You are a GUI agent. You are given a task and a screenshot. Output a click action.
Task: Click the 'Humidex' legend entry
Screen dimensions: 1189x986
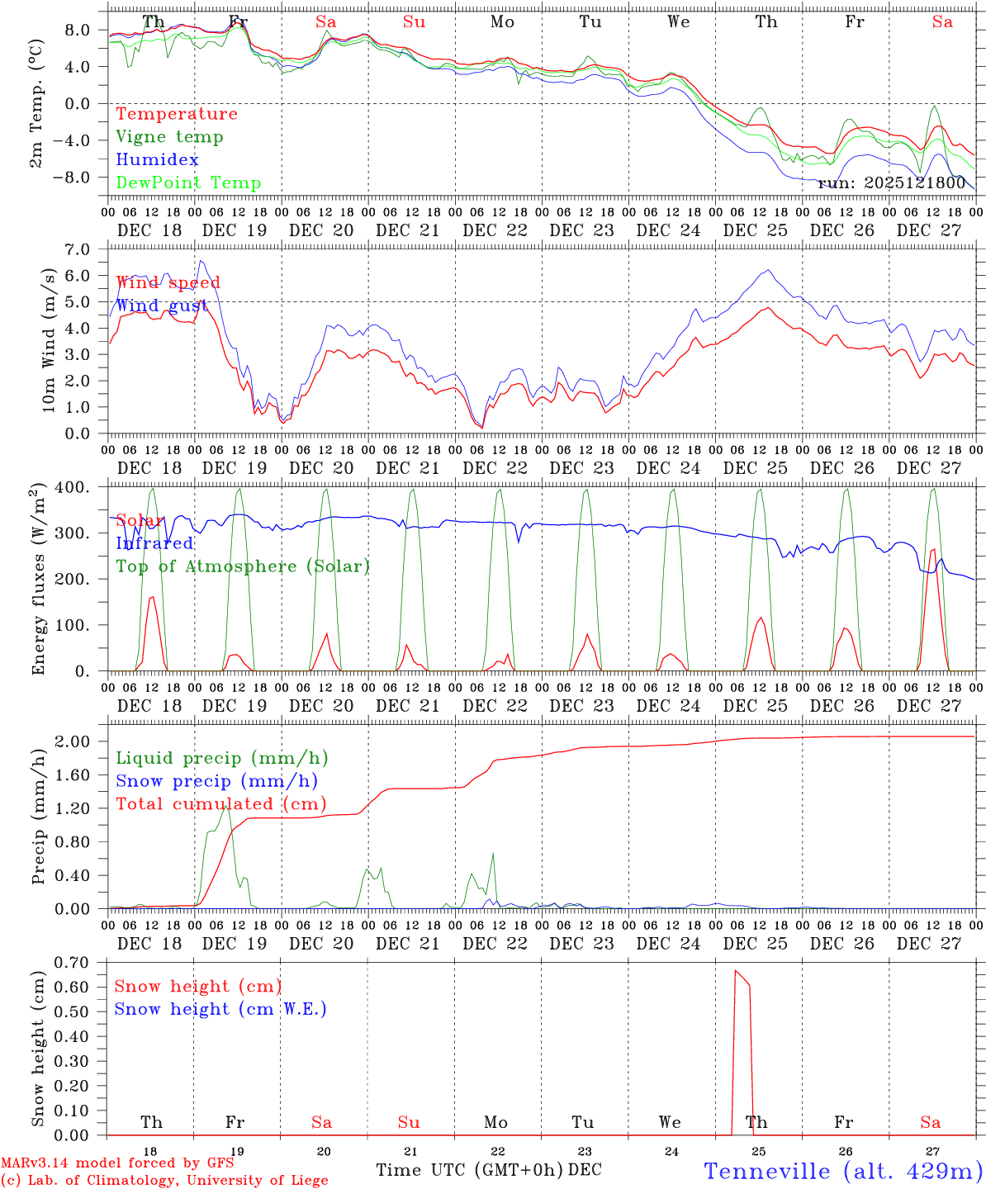tap(157, 160)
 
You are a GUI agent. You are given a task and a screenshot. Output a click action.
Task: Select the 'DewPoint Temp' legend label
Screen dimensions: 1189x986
tap(188, 183)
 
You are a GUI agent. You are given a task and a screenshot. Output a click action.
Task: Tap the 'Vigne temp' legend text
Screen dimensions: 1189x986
tap(169, 137)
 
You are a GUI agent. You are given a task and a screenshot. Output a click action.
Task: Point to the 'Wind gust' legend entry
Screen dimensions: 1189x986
tap(162, 306)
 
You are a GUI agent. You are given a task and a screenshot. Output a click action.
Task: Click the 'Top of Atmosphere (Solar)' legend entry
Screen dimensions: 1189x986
tap(242, 566)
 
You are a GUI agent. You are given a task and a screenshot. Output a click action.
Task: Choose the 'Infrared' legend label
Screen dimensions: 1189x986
tap(154, 543)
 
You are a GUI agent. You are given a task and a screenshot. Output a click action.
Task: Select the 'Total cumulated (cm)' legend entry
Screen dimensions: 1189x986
tap(220, 804)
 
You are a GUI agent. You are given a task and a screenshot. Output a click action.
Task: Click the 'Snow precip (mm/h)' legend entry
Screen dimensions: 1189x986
tap(216, 781)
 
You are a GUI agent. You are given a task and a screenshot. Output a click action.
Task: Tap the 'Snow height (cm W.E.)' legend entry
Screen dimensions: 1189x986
tap(220, 1009)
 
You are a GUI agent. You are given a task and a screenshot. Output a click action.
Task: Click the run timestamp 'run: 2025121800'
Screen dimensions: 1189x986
tap(891, 183)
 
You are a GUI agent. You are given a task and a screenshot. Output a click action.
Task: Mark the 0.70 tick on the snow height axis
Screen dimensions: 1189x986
tap(80, 962)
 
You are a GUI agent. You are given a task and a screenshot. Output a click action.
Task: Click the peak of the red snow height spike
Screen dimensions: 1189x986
tap(736, 971)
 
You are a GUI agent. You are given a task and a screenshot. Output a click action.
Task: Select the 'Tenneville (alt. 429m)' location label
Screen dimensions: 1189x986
tap(842, 1171)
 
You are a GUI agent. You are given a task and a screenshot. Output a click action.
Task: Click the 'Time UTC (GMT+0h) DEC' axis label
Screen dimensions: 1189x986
tap(488, 1170)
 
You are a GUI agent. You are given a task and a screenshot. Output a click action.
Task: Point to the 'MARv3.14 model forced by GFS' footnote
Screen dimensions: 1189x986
tap(117, 1163)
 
